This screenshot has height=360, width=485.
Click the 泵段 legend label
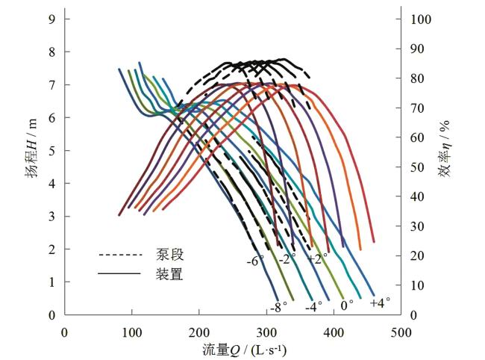pyautogui.click(x=170, y=255)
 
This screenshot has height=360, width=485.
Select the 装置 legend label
pyautogui.click(x=170, y=274)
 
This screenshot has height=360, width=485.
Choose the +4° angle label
pyautogui.click(x=380, y=302)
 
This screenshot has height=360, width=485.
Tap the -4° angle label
pyautogui.click(x=313, y=306)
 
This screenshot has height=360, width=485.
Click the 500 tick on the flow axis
pyautogui.click(x=401, y=332)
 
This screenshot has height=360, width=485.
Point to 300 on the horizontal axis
pyautogui.click(x=266, y=332)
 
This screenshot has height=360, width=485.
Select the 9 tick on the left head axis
pyautogui.click(x=52, y=19)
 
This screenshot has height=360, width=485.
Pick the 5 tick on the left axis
pyautogui.click(x=52, y=150)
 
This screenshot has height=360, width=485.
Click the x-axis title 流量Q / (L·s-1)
pyautogui.click(x=245, y=349)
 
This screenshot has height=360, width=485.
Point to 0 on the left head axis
pyautogui.click(x=52, y=315)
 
